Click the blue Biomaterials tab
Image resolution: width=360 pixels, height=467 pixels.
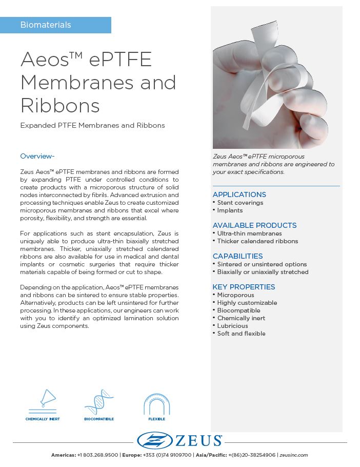pyautogui.click(x=55, y=25)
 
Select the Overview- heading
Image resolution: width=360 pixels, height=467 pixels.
pyautogui.click(x=37, y=156)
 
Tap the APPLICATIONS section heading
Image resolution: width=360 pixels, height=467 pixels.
pyautogui.click(x=239, y=194)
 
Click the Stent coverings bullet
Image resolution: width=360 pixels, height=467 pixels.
pyautogui.click(x=240, y=203)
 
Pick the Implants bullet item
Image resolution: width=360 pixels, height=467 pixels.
pyautogui.click(x=230, y=210)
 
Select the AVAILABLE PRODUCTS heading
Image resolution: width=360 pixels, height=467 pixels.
pyautogui.click(x=254, y=225)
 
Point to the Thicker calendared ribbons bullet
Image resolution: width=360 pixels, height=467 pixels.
pyautogui.click(x=257, y=241)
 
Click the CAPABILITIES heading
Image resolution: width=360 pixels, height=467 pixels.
pyautogui.click(x=237, y=256)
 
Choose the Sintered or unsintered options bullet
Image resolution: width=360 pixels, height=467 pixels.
pyautogui.click(x=262, y=264)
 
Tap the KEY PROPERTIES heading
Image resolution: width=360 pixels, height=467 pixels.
pyautogui.click(x=244, y=287)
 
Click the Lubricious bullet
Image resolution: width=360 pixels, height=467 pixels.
pyautogui.click(x=232, y=326)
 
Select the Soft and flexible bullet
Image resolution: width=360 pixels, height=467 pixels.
pyautogui.click(x=241, y=334)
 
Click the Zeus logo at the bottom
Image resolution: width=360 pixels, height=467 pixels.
pyautogui.click(x=179, y=440)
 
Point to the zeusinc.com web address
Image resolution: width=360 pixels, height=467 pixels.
pyautogui.click(x=294, y=455)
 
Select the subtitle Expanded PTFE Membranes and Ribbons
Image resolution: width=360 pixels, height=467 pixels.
pyautogui.click(x=92, y=126)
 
